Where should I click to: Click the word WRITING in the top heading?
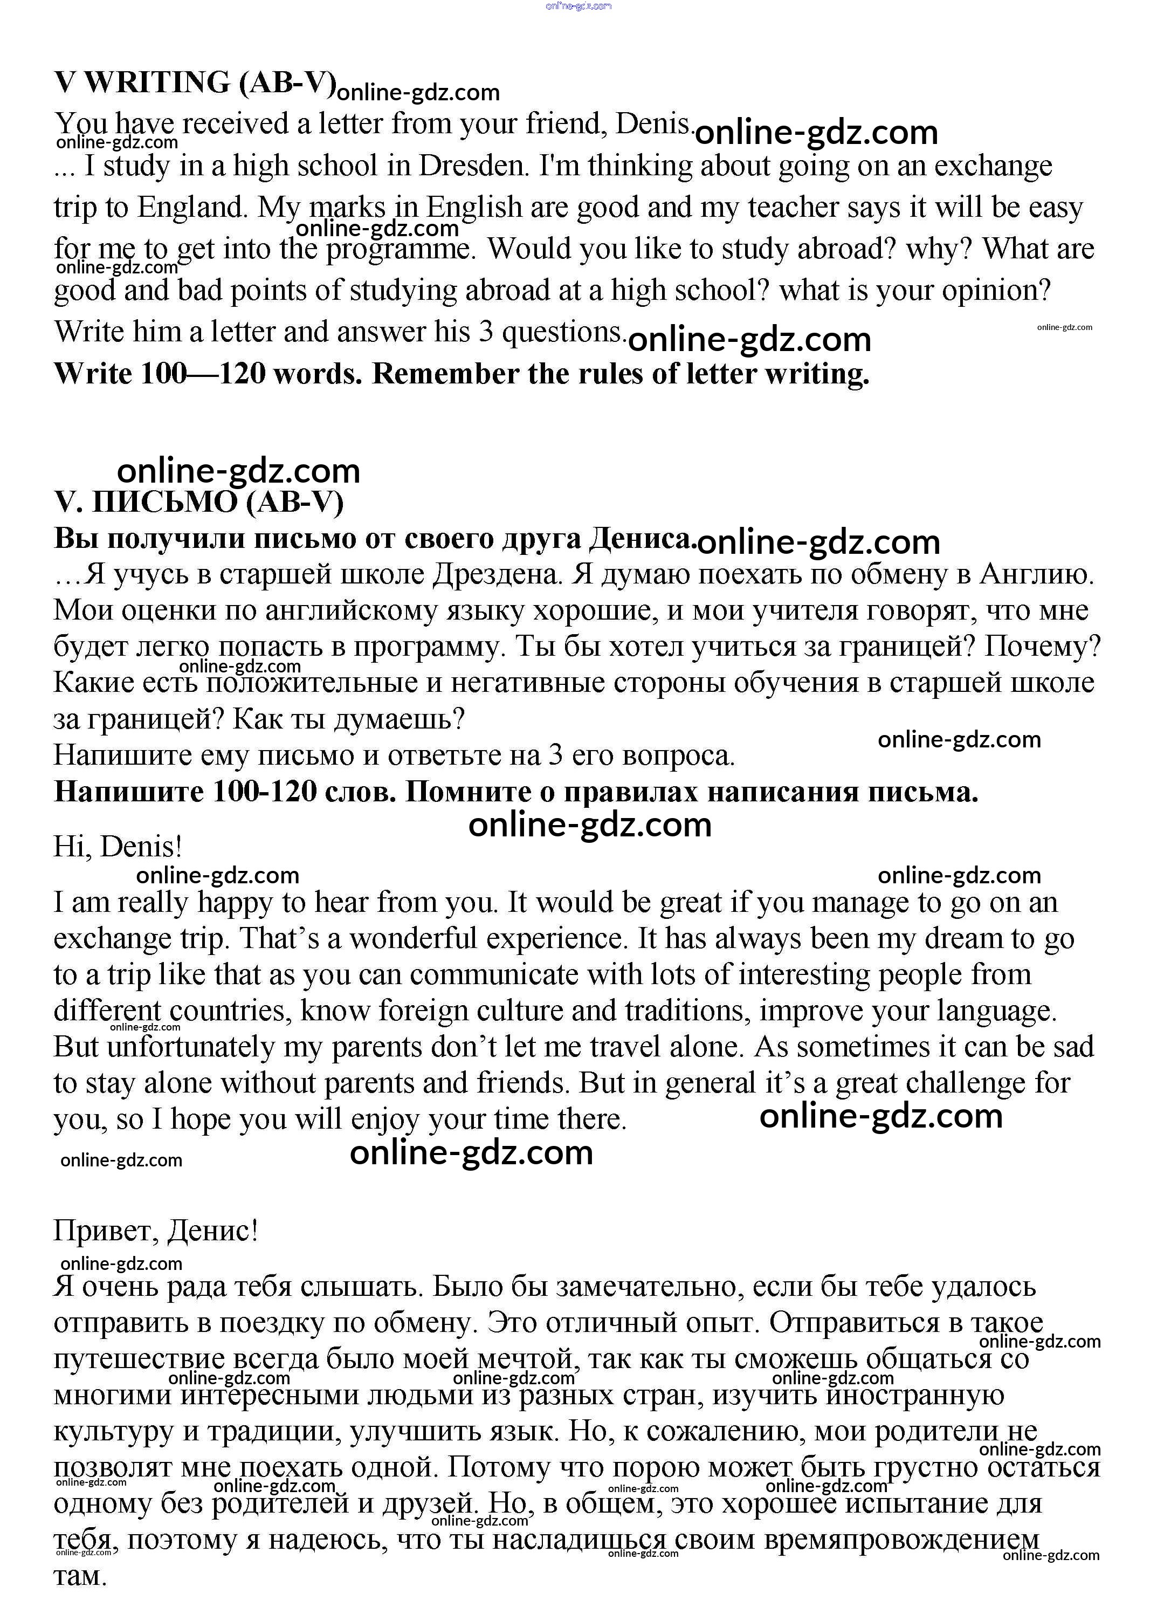tap(157, 83)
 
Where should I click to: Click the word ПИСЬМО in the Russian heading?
tap(166, 503)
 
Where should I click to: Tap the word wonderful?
tap(412, 939)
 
